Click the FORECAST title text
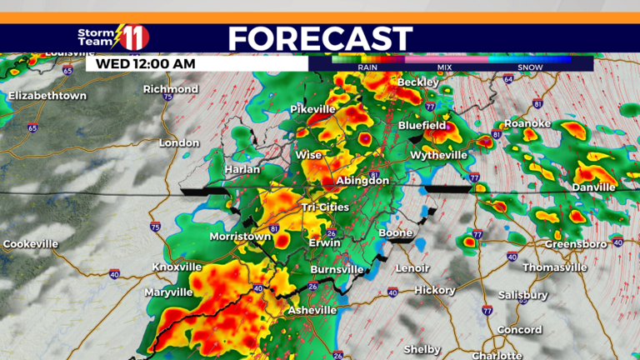(x=320, y=38)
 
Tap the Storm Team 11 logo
(x=113, y=37)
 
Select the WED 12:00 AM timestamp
(x=146, y=62)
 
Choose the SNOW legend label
(x=530, y=67)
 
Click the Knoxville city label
(x=177, y=267)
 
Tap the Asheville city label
(x=312, y=310)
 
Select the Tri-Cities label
(x=326, y=207)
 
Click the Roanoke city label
(x=527, y=123)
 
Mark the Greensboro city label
(x=574, y=244)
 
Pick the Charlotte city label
(x=497, y=354)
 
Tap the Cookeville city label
(x=31, y=244)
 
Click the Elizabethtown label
(x=47, y=96)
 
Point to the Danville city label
(x=593, y=187)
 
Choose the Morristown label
(x=240, y=237)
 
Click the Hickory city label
(x=435, y=290)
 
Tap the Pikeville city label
(x=312, y=109)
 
